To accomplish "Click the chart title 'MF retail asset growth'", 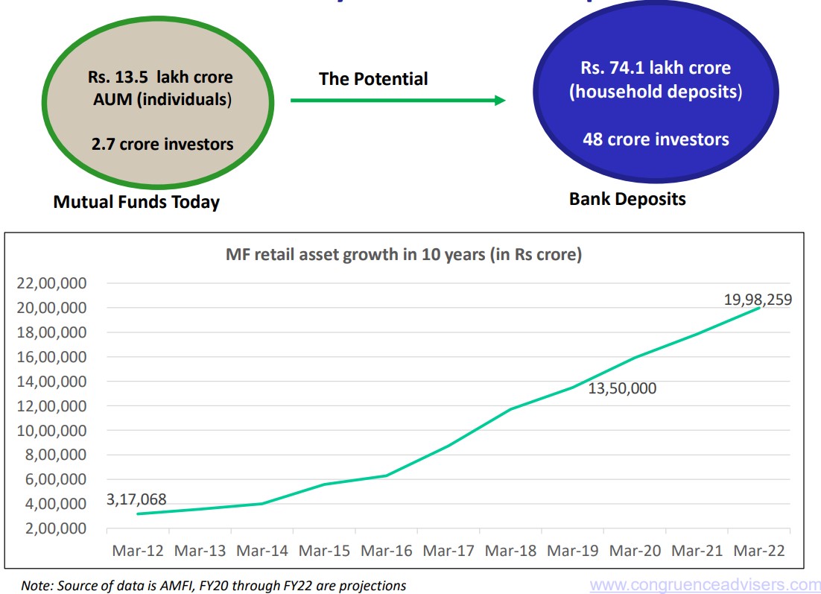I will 403,255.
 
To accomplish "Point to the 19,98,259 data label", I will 758,300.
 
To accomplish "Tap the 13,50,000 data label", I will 623,388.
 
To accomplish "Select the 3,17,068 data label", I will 136,499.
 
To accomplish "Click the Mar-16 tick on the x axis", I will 386,551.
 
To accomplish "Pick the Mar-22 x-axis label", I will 758,551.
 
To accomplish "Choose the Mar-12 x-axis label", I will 138,551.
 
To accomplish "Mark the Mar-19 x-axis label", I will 572,551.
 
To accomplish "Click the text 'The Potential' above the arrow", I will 373,79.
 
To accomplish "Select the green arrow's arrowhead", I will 500,100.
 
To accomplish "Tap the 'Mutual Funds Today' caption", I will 136,202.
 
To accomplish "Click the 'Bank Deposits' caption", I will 627,199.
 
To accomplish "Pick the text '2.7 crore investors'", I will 162,144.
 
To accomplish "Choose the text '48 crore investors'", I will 656,139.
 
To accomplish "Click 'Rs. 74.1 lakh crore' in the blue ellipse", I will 656,68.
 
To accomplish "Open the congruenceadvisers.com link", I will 705,585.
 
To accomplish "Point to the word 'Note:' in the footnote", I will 34,586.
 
